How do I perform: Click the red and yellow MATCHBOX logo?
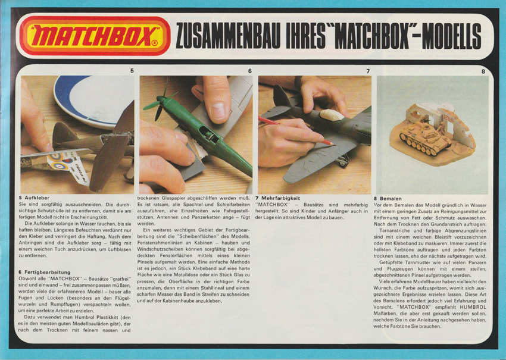(x=95, y=36)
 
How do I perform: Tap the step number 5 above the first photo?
(x=132, y=71)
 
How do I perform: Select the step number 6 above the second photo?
(x=250, y=71)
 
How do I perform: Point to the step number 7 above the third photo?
(x=368, y=71)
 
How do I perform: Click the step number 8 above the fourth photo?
(x=483, y=71)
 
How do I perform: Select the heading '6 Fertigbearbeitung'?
(x=46, y=272)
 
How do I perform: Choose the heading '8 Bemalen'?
(x=388, y=198)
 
